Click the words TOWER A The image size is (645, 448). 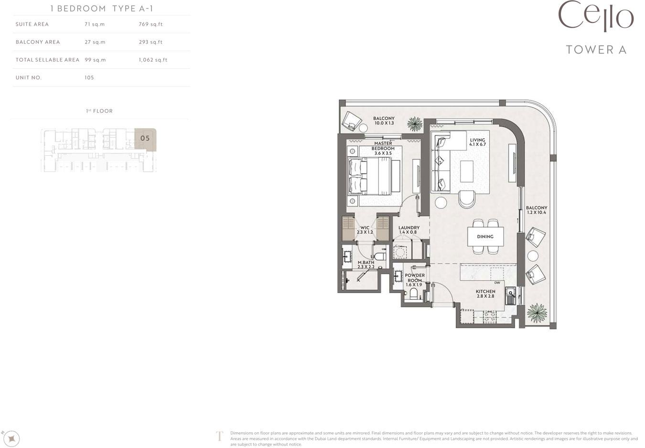[x=596, y=50]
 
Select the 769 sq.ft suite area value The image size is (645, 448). [x=150, y=24]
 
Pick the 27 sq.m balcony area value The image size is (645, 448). [x=95, y=42]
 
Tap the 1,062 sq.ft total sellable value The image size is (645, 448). [x=153, y=60]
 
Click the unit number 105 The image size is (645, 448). [x=89, y=77]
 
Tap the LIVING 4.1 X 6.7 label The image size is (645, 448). [x=477, y=142]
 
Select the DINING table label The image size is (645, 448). [x=485, y=237]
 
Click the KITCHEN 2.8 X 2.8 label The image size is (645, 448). [x=485, y=294]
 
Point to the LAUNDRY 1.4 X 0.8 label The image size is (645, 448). [x=409, y=229]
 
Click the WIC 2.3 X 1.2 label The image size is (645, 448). [x=365, y=229]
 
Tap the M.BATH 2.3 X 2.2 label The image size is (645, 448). [x=366, y=264]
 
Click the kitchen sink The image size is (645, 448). [x=511, y=295]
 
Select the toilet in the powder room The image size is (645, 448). [x=413, y=294]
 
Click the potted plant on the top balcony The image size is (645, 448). [x=415, y=124]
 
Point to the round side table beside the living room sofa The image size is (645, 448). [x=441, y=203]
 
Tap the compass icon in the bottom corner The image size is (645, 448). [x=12, y=439]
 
